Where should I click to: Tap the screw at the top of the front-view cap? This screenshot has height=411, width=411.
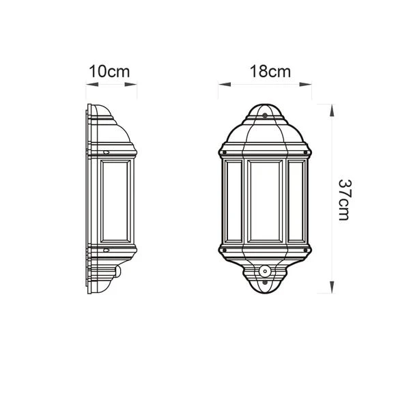pos(264,115)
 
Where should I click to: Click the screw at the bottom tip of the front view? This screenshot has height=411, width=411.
pos(264,289)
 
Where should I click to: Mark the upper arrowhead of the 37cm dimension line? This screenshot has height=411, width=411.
pos(331,108)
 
